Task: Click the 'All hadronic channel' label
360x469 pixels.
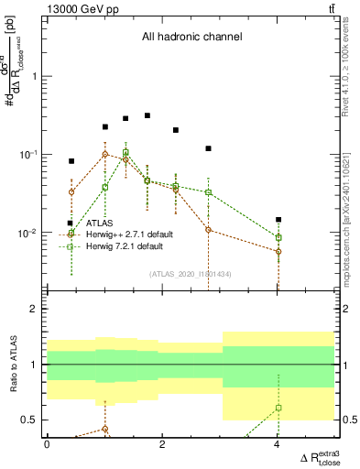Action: [191, 38]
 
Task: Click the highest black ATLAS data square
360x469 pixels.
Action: [147, 115]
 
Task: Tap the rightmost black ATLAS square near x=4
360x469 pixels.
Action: [278, 220]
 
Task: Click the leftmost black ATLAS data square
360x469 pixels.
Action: [71, 161]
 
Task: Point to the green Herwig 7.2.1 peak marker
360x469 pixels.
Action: [125, 152]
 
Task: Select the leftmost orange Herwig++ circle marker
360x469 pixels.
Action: [71, 191]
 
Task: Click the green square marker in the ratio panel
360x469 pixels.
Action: [278, 408]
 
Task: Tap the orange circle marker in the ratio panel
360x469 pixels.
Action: [105, 429]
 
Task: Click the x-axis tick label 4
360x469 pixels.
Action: [278, 444]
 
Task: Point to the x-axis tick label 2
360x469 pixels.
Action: [162, 444]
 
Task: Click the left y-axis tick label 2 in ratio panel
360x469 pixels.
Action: [38, 310]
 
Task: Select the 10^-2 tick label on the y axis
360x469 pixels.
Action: [27, 234]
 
